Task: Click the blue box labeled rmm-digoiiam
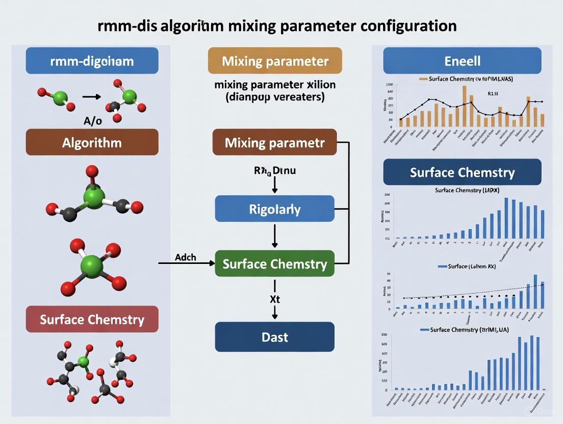pos(92,61)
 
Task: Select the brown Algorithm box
pos(92,142)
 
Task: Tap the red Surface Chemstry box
pos(92,320)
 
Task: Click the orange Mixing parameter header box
pos(275,61)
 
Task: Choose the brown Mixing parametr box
pos(275,142)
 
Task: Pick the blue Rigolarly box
pos(275,209)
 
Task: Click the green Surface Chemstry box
pos(275,264)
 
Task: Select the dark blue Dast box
pos(275,337)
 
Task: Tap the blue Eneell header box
pos(462,61)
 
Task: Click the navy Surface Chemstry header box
pos(462,172)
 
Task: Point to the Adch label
pos(186,257)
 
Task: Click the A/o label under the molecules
pos(92,121)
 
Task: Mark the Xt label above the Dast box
pos(275,300)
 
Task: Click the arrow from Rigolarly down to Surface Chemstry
pos(275,236)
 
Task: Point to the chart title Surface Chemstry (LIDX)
pos(467,190)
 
